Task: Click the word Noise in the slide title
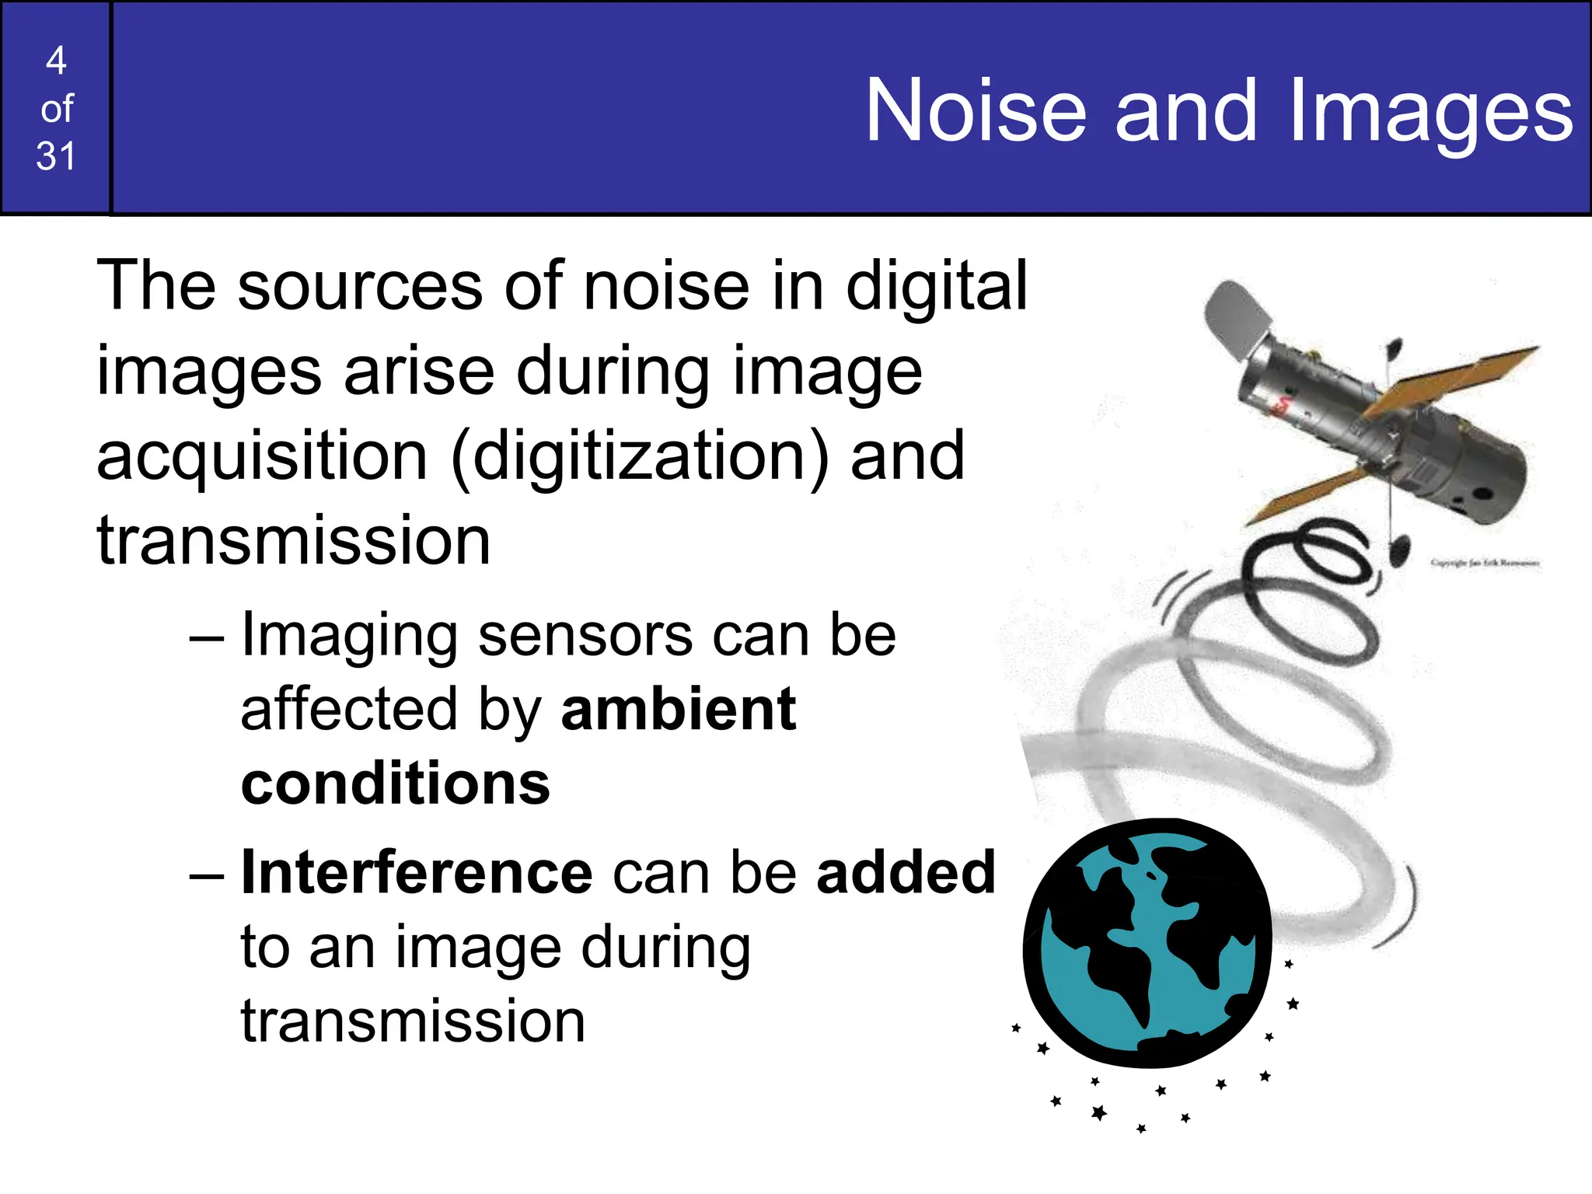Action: [976, 111]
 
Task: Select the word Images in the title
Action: [1430, 111]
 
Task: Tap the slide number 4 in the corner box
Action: [56, 61]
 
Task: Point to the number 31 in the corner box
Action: [56, 156]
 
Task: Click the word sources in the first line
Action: [361, 286]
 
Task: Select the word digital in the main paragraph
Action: [936, 286]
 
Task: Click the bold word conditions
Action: [395, 784]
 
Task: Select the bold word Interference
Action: [417, 872]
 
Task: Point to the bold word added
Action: [906, 872]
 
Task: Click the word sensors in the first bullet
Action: [585, 635]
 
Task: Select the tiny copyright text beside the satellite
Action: [1484, 563]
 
